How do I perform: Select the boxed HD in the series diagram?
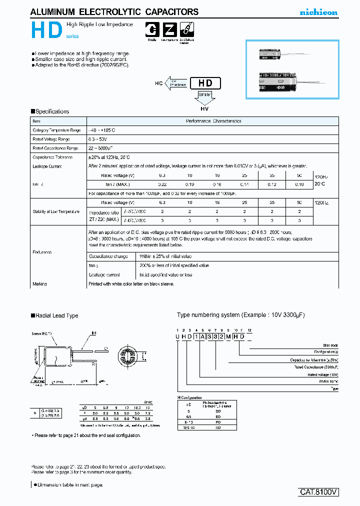(205, 83)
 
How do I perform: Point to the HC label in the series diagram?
(158, 84)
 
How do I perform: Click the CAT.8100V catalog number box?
(319, 491)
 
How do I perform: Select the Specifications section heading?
(50, 111)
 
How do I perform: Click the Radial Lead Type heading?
(54, 315)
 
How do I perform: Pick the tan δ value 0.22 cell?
(162, 184)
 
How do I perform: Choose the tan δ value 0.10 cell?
(298, 184)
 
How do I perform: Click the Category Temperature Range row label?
(56, 130)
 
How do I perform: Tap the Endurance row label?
(42, 252)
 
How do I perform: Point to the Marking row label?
(39, 284)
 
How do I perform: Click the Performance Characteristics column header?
(213, 121)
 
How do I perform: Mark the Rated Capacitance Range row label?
(55, 148)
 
